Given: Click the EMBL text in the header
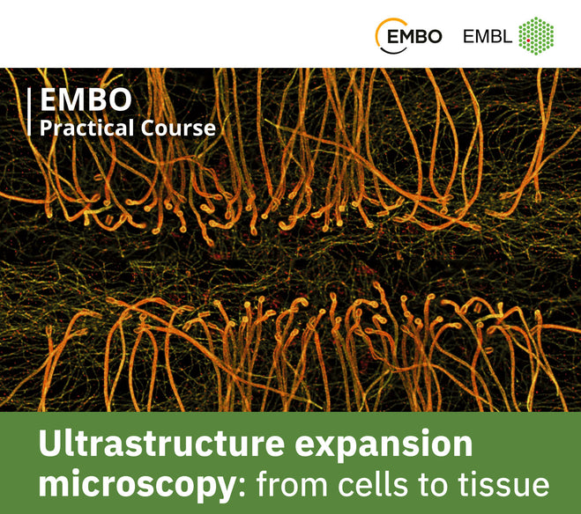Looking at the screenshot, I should (x=487, y=36).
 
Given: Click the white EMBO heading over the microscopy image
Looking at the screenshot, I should (x=77, y=99).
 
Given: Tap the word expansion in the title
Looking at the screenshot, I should (x=391, y=445).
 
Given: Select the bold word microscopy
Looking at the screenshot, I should (x=131, y=485).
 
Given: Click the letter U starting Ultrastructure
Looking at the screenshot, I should (x=50, y=445).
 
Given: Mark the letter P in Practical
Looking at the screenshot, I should (x=45, y=128).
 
